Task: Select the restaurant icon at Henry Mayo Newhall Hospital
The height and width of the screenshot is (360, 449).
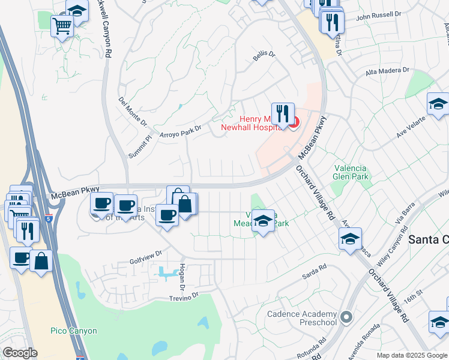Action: pos(282,113)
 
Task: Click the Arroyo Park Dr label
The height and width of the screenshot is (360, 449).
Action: pos(180,131)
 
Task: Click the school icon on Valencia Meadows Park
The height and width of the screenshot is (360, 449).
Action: pos(262,221)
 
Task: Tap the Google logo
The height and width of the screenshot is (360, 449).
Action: pos(20,353)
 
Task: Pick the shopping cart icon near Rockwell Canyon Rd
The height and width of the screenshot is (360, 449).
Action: pos(62,26)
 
